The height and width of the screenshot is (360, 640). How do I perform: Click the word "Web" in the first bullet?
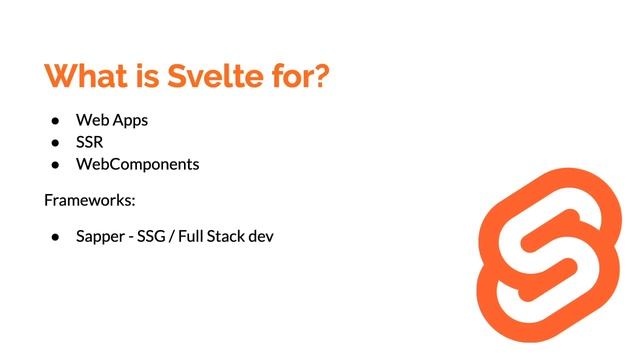[x=91, y=120]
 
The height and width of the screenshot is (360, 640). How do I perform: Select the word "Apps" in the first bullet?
[x=130, y=121]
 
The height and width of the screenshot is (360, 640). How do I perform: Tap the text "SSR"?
[x=90, y=142]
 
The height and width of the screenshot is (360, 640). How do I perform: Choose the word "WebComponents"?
[x=137, y=164]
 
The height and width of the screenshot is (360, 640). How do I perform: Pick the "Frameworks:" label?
[x=89, y=201]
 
